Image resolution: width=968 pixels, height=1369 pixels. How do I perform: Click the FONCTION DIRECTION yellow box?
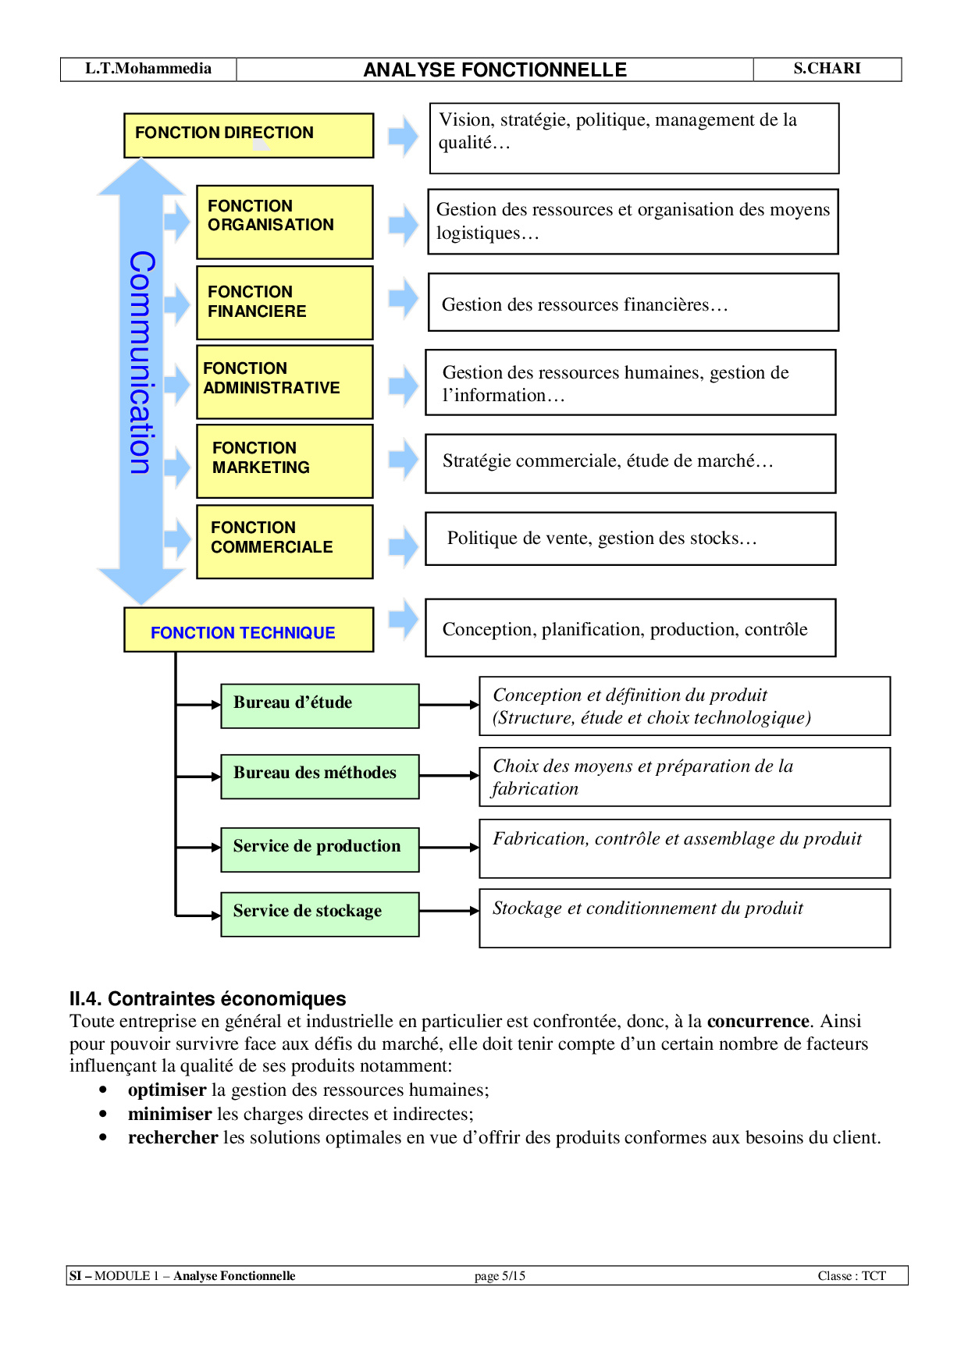pos(248,135)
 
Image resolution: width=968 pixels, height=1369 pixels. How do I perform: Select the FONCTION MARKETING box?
pos(284,461)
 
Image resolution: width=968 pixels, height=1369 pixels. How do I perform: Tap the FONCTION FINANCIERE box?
pos(284,303)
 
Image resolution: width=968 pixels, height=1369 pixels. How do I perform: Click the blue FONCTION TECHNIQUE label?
pos(243,633)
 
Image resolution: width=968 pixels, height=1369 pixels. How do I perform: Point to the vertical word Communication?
pos(141,363)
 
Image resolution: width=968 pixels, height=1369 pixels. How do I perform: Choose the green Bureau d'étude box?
pos(320,706)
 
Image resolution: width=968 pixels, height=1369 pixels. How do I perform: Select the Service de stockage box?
pos(320,914)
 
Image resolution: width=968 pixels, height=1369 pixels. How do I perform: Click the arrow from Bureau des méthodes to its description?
pos(449,776)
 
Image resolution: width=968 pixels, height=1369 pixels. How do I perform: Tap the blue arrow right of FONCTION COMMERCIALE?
pos(404,546)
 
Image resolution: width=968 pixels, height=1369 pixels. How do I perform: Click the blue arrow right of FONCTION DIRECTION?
pos(404,137)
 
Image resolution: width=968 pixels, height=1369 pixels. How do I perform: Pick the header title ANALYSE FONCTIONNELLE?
pos(495,70)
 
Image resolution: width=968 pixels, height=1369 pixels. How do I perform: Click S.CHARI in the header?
pos(827,69)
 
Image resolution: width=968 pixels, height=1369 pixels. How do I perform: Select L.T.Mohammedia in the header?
pos(148,69)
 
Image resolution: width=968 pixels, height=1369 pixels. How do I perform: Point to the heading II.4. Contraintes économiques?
pos(208,999)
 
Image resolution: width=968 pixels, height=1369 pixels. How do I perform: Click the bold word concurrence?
pos(757,1022)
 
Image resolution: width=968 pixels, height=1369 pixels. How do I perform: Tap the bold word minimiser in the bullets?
pos(170,1114)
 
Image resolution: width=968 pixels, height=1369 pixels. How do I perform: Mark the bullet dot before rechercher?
pos(103,1138)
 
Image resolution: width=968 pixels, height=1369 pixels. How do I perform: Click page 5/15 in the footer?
pos(500,1276)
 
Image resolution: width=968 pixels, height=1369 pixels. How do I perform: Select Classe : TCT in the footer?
pos(852,1276)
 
